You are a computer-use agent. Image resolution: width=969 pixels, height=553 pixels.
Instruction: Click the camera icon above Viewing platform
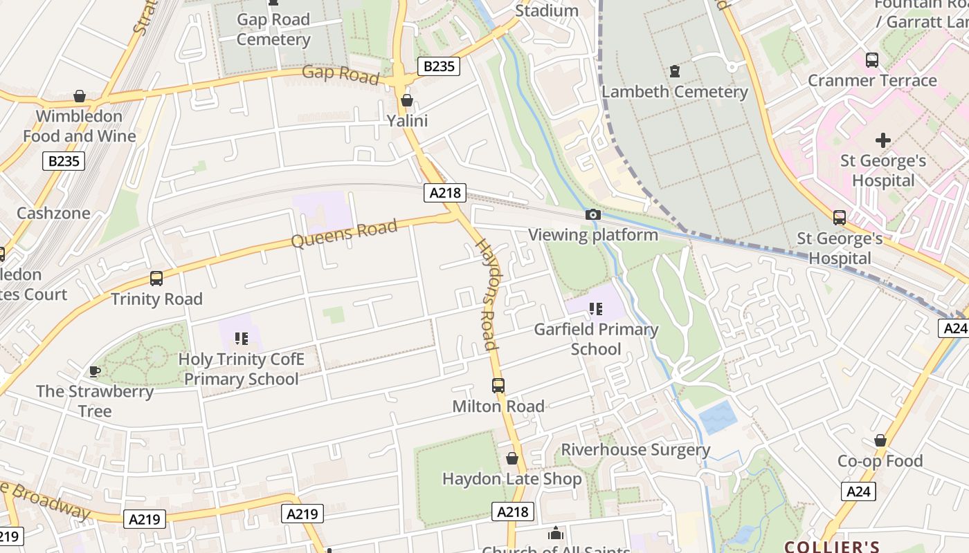(x=592, y=215)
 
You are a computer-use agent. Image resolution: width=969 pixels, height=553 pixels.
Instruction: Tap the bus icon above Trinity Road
(x=156, y=279)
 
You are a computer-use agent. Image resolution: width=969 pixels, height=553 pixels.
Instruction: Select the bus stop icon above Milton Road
(x=498, y=386)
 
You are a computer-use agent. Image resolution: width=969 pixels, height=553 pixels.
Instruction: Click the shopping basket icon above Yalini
(x=407, y=100)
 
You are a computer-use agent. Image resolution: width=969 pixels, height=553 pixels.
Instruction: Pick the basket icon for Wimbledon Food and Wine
(x=80, y=95)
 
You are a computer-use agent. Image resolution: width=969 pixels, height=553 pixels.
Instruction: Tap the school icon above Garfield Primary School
(x=595, y=309)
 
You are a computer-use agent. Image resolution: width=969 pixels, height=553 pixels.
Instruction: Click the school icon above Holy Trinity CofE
(x=241, y=339)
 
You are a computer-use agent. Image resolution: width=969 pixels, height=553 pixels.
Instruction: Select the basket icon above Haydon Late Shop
(x=512, y=458)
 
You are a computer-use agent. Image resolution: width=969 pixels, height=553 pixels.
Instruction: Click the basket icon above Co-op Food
(x=880, y=440)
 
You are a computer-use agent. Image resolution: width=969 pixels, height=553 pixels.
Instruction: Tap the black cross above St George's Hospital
(x=882, y=141)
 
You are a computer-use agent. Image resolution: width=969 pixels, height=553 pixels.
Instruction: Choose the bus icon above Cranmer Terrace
(x=872, y=60)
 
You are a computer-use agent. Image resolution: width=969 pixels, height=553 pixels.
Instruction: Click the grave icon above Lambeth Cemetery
(x=674, y=71)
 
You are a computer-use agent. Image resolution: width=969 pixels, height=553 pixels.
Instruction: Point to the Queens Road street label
(x=344, y=234)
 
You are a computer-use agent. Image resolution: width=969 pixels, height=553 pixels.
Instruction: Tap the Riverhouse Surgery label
(x=635, y=450)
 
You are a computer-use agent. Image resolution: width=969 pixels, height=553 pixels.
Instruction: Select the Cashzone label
(x=53, y=213)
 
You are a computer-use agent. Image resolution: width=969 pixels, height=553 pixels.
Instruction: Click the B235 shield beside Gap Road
(x=439, y=66)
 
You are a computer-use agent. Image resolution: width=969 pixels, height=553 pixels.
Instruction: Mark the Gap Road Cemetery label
(x=273, y=29)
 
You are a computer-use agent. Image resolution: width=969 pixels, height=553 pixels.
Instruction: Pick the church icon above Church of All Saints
(x=555, y=534)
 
